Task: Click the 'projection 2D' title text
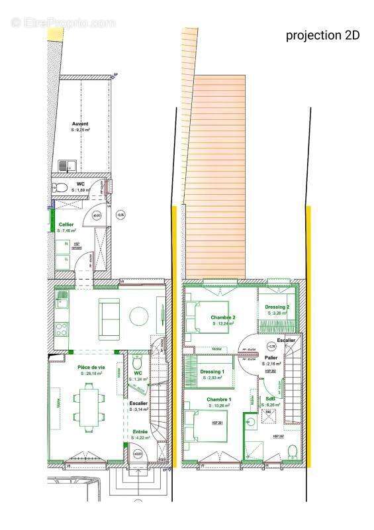point(322,36)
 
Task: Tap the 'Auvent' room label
point(80,124)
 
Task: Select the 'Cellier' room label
point(65,225)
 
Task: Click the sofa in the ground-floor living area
point(109,317)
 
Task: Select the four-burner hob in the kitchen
point(62,304)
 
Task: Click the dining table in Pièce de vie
point(88,405)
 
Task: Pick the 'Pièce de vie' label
point(91,367)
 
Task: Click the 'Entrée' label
point(140,431)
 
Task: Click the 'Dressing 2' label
point(277,307)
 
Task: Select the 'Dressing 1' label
point(212,371)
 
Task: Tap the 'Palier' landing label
point(271,357)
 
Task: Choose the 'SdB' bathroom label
point(271,399)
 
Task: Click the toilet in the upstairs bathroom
point(293,451)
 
